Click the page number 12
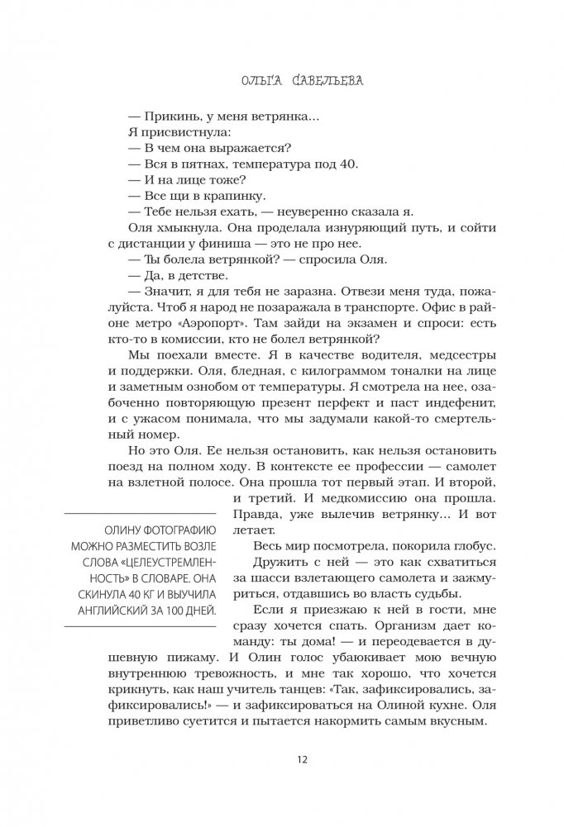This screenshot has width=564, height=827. pos(281,760)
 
